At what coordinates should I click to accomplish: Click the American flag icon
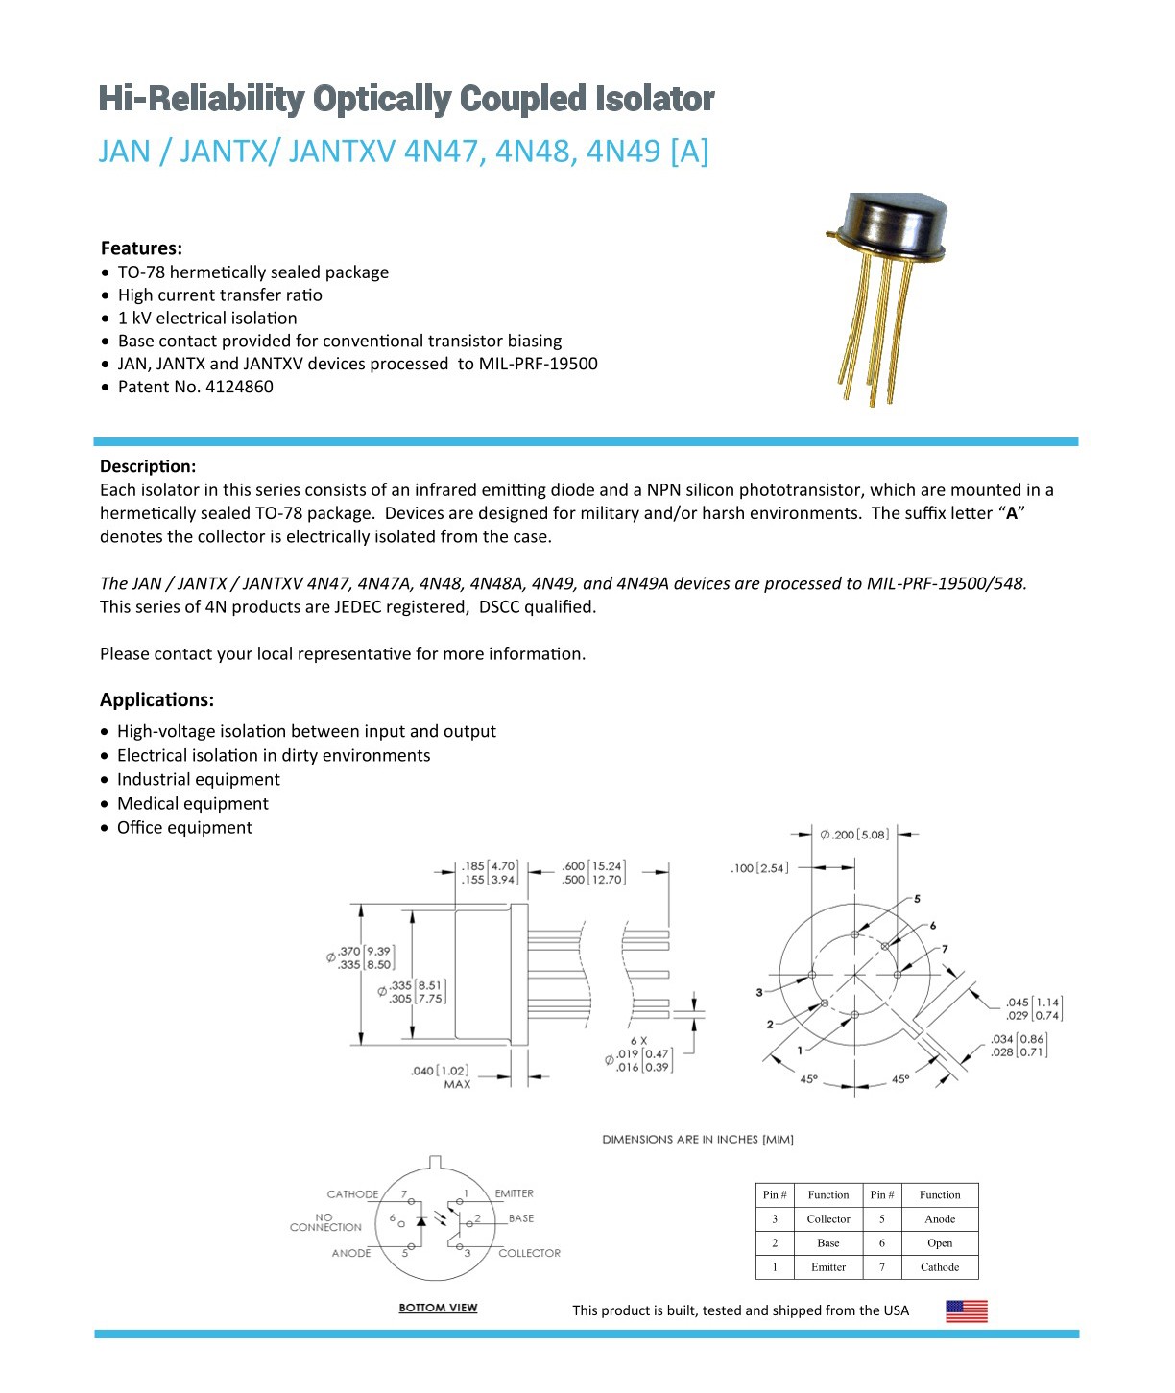click(966, 1310)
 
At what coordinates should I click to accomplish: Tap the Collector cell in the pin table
click(827, 1219)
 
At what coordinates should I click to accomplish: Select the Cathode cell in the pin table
click(939, 1267)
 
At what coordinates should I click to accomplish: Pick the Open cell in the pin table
click(939, 1243)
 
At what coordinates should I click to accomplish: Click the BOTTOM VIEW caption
click(438, 1308)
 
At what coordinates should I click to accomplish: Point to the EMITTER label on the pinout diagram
click(514, 1194)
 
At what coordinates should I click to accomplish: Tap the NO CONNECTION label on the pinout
click(325, 1222)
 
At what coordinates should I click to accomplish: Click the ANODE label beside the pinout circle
click(351, 1253)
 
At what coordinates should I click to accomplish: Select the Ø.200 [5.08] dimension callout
click(853, 835)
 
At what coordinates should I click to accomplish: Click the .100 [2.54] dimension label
click(759, 868)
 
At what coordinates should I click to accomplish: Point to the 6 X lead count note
click(638, 1040)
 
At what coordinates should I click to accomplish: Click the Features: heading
click(141, 248)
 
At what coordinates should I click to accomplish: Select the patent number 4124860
click(239, 387)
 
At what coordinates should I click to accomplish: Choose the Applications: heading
click(156, 699)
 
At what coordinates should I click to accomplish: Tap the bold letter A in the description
click(1011, 513)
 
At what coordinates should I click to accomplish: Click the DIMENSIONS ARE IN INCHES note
click(697, 1140)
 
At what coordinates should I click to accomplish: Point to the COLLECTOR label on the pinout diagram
click(529, 1253)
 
